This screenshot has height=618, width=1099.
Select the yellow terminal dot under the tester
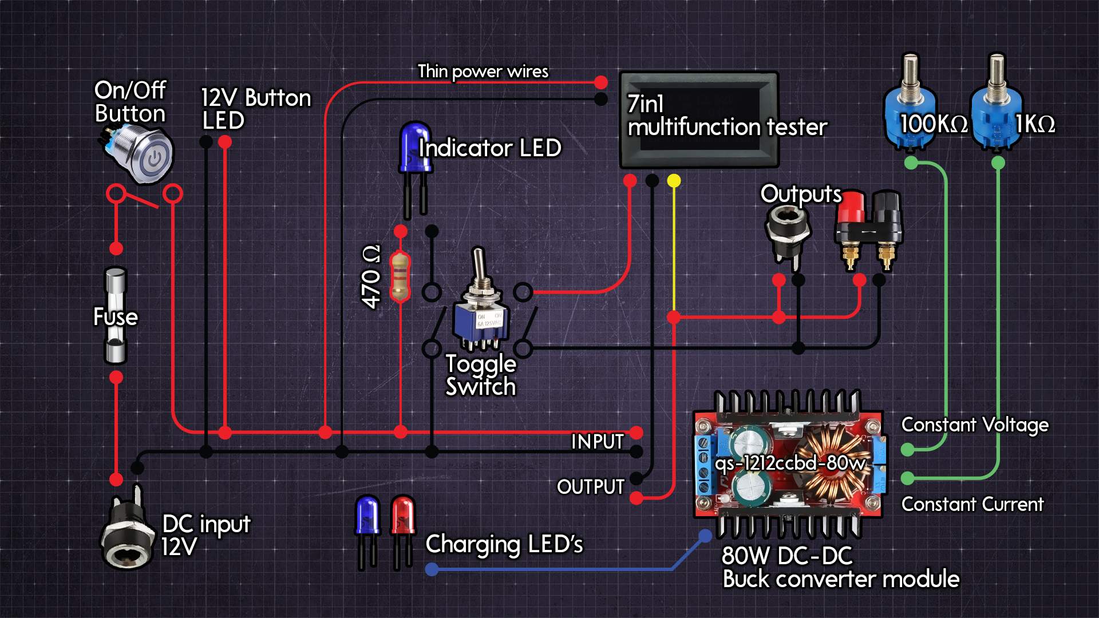[x=674, y=181]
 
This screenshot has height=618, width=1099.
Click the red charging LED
[x=403, y=516]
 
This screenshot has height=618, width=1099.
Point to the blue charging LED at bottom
[x=367, y=516]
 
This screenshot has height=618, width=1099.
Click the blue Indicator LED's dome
[x=414, y=143]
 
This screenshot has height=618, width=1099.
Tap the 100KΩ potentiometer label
[x=934, y=124]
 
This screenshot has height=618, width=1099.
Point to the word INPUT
[x=597, y=442]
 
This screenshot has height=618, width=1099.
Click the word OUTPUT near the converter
[x=590, y=487]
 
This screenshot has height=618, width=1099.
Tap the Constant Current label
[x=972, y=504]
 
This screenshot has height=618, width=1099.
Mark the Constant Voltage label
[x=974, y=425]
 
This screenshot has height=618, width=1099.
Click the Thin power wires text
[x=483, y=72]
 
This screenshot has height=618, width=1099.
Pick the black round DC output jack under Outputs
[x=789, y=229]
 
